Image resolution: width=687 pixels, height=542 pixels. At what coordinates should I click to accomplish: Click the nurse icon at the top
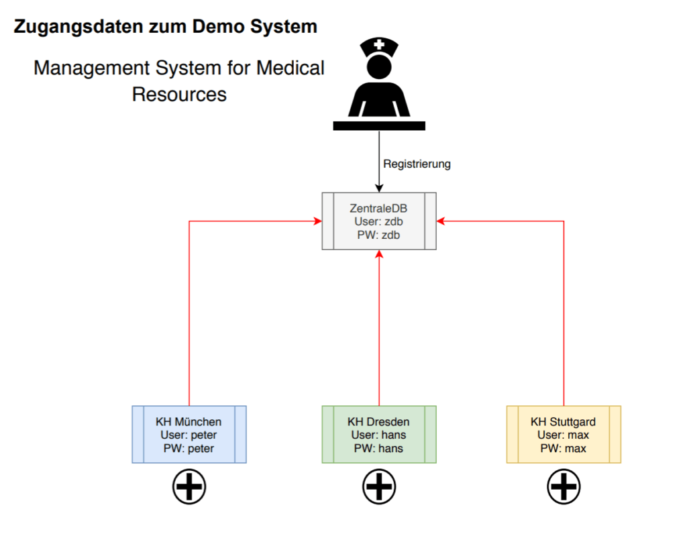[x=379, y=84]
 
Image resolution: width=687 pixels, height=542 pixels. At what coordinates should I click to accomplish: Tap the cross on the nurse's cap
[x=379, y=46]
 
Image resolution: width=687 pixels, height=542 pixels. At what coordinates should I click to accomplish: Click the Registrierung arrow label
[x=417, y=164]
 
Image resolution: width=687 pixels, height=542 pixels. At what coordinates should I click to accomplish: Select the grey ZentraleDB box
[x=379, y=221]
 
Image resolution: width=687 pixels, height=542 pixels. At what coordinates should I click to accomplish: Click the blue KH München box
[x=189, y=434]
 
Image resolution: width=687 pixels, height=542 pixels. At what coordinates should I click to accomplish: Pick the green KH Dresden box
[x=379, y=434]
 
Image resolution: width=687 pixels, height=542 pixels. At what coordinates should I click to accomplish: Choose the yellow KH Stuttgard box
[x=564, y=434]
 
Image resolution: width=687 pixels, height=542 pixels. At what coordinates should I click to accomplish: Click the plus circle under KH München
[x=189, y=486]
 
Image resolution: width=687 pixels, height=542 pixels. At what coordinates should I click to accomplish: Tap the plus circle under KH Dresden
[x=379, y=486]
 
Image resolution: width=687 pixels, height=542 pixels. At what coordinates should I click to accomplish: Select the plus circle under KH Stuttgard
[x=564, y=486]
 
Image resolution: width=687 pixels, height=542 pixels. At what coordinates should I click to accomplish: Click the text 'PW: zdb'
[x=379, y=235]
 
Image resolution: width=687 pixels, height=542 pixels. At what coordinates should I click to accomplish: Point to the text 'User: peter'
[x=189, y=435]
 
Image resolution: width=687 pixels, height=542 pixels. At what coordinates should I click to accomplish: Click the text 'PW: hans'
[x=379, y=447]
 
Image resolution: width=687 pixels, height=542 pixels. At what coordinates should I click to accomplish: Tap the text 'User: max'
[x=564, y=435]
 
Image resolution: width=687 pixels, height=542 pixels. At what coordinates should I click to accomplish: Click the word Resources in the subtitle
[x=179, y=95]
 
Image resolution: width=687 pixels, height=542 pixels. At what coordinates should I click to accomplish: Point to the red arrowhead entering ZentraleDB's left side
[x=318, y=221]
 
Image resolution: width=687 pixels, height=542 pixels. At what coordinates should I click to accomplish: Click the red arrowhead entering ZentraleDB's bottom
[x=379, y=254]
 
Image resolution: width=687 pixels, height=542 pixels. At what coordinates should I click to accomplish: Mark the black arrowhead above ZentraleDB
[x=379, y=188]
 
